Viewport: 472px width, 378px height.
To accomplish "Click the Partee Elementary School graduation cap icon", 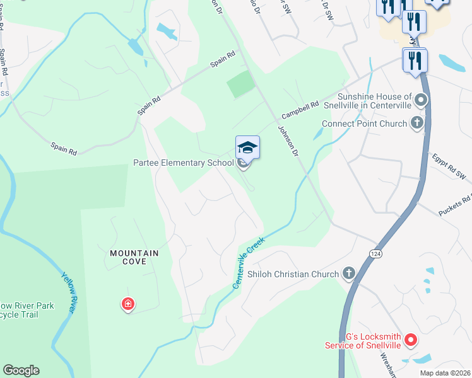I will click(x=247, y=148).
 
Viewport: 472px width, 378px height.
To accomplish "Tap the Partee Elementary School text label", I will click(x=184, y=163).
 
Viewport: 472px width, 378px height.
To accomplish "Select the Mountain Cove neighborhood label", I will click(x=134, y=257).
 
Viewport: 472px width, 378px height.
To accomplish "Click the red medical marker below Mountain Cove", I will click(x=128, y=305).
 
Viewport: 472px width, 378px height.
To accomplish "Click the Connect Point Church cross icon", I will click(x=416, y=123).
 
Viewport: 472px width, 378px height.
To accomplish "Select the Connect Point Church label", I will click(x=364, y=124).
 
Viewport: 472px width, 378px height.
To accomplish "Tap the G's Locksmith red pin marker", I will click(x=411, y=341).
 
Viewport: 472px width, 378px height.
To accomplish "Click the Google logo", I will click(x=21, y=370).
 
